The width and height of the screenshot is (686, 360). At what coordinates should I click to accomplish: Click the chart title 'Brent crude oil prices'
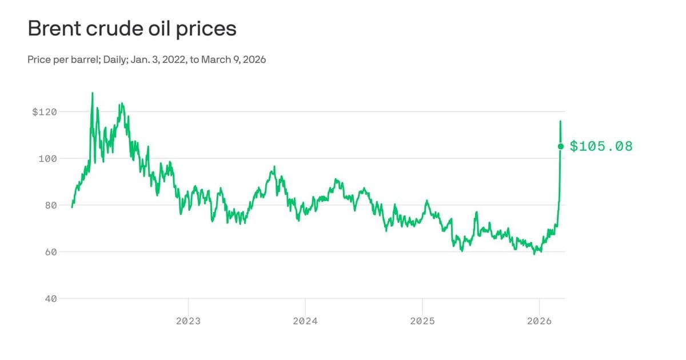coord(132,29)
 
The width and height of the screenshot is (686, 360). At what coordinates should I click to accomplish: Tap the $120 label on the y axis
coord(45,112)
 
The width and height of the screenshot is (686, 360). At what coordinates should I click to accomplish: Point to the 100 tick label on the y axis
coord(47,158)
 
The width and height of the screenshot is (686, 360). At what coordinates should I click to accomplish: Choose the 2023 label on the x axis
coord(188,321)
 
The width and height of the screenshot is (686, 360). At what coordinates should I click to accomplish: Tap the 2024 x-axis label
coord(305,321)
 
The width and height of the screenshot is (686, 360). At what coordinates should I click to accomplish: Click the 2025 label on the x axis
coord(422,321)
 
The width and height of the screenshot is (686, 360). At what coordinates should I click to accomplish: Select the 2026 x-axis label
coord(539,321)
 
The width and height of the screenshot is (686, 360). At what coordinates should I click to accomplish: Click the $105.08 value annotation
coord(601,146)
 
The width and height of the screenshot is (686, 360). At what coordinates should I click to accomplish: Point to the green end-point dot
coord(560,146)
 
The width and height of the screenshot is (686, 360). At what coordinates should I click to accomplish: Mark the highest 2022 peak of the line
coord(92,93)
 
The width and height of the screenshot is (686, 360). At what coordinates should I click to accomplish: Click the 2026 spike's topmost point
coord(560,121)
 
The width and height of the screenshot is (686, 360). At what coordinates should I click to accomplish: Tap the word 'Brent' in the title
coord(54,29)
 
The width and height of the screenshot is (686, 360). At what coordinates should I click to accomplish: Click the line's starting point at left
coord(72,207)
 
